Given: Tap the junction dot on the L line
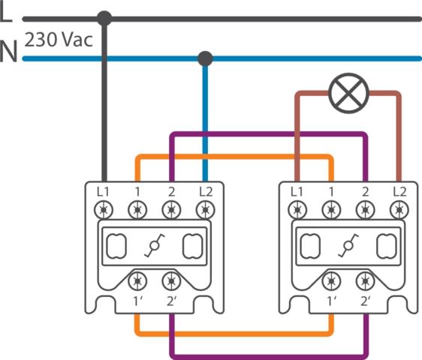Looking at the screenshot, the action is pyautogui.click(x=104, y=19).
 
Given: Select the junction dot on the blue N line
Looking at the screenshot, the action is pyautogui.click(x=205, y=58).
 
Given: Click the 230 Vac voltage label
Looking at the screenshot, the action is pyautogui.click(x=59, y=40).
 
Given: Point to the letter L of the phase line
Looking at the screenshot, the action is pyautogui.click(x=6, y=12).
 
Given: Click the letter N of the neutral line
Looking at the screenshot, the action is pyautogui.click(x=8, y=51).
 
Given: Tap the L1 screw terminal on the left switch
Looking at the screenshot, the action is pyautogui.click(x=104, y=210).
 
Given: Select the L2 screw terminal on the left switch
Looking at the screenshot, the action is pyautogui.click(x=205, y=210).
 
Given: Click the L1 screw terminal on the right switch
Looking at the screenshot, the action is pyautogui.click(x=297, y=210).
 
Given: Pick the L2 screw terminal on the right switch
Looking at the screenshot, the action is pyautogui.click(x=399, y=210).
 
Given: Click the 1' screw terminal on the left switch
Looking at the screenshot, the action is pyautogui.click(x=137, y=281).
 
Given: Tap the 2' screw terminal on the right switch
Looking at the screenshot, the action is pyautogui.click(x=365, y=281).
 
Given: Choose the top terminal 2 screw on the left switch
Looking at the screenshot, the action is pyautogui.click(x=171, y=210).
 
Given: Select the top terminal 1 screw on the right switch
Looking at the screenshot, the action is pyautogui.click(x=331, y=210).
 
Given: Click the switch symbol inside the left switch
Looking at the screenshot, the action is pyautogui.click(x=155, y=245).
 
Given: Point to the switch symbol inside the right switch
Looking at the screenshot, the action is pyautogui.click(x=348, y=245).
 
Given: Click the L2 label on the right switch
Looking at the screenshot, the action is pyautogui.click(x=399, y=192).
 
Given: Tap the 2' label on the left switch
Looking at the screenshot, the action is pyautogui.click(x=172, y=301).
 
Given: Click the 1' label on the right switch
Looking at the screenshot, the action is pyautogui.click(x=332, y=301).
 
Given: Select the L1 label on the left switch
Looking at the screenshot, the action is pyautogui.click(x=103, y=192).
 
